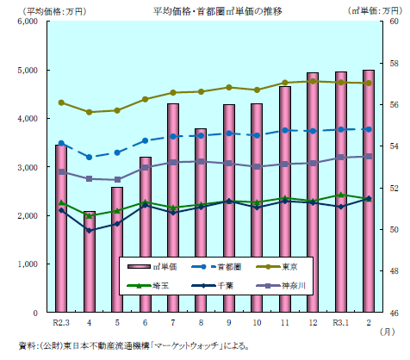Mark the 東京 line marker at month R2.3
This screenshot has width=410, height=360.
coord(61,102)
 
